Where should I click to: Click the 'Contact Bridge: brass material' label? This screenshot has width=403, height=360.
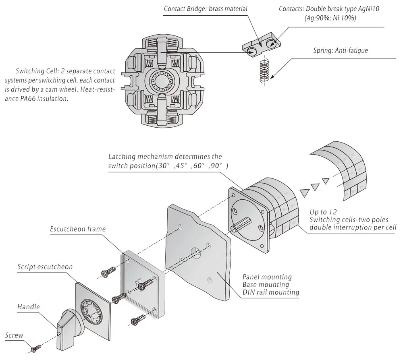tap(206, 9)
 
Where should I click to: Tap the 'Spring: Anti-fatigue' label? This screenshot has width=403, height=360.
tap(341, 50)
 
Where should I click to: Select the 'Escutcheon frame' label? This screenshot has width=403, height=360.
tap(78, 229)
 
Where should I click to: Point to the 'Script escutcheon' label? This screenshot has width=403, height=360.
tap(45, 267)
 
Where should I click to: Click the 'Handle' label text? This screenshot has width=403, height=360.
tap(29, 306)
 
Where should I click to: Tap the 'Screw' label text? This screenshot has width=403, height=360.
tap(14, 335)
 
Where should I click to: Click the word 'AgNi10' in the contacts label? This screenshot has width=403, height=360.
tap(369, 9)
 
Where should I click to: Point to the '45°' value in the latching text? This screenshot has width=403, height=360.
tap(181, 166)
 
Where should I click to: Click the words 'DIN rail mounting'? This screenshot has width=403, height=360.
tap(271, 292)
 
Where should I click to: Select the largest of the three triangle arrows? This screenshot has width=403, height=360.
tap(305, 192)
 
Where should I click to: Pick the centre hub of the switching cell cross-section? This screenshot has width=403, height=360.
tap(162, 81)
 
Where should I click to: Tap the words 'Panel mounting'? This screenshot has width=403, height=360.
tap(267, 277)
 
